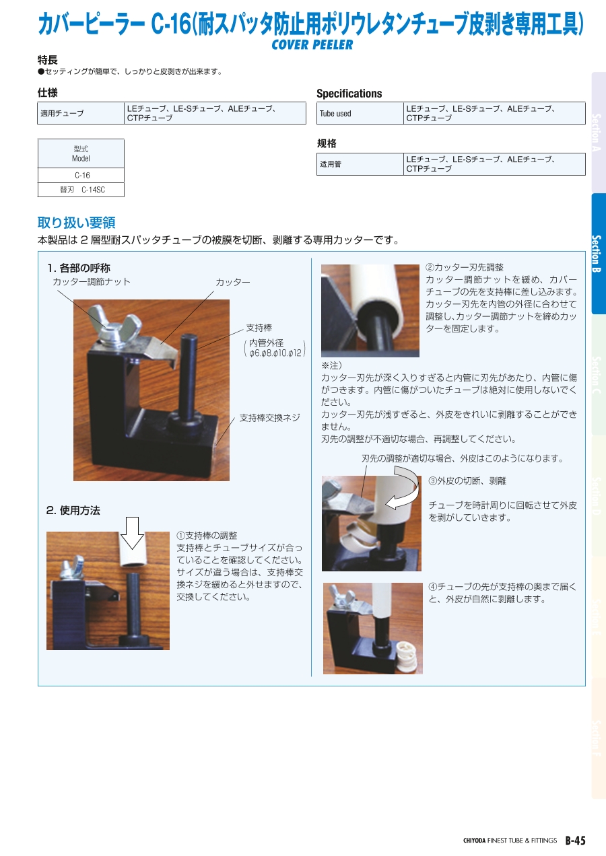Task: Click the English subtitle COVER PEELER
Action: [x=312, y=44]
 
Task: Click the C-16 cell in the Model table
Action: [x=81, y=175]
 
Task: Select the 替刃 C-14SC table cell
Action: [x=81, y=190]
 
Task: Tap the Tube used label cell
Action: [x=360, y=114]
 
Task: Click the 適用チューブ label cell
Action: [x=81, y=113]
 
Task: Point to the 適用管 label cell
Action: [x=360, y=164]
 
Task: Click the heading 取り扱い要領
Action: [x=77, y=222]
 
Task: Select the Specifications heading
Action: [x=349, y=94]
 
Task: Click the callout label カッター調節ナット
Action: [x=92, y=282]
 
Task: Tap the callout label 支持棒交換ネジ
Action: [x=269, y=418]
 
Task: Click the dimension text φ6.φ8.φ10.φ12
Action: [x=275, y=353]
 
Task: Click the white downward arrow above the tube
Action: [x=132, y=533]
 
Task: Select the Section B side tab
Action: [x=597, y=253]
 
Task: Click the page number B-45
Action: [x=576, y=841]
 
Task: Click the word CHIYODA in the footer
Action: [x=474, y=841]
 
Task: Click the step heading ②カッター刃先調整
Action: [x=465, y=268]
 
